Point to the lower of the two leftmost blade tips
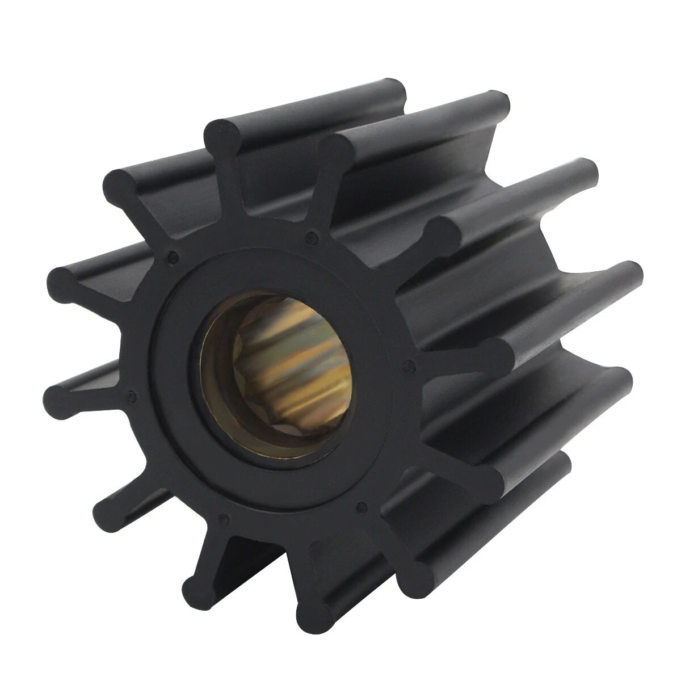(x=62, y=392)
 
